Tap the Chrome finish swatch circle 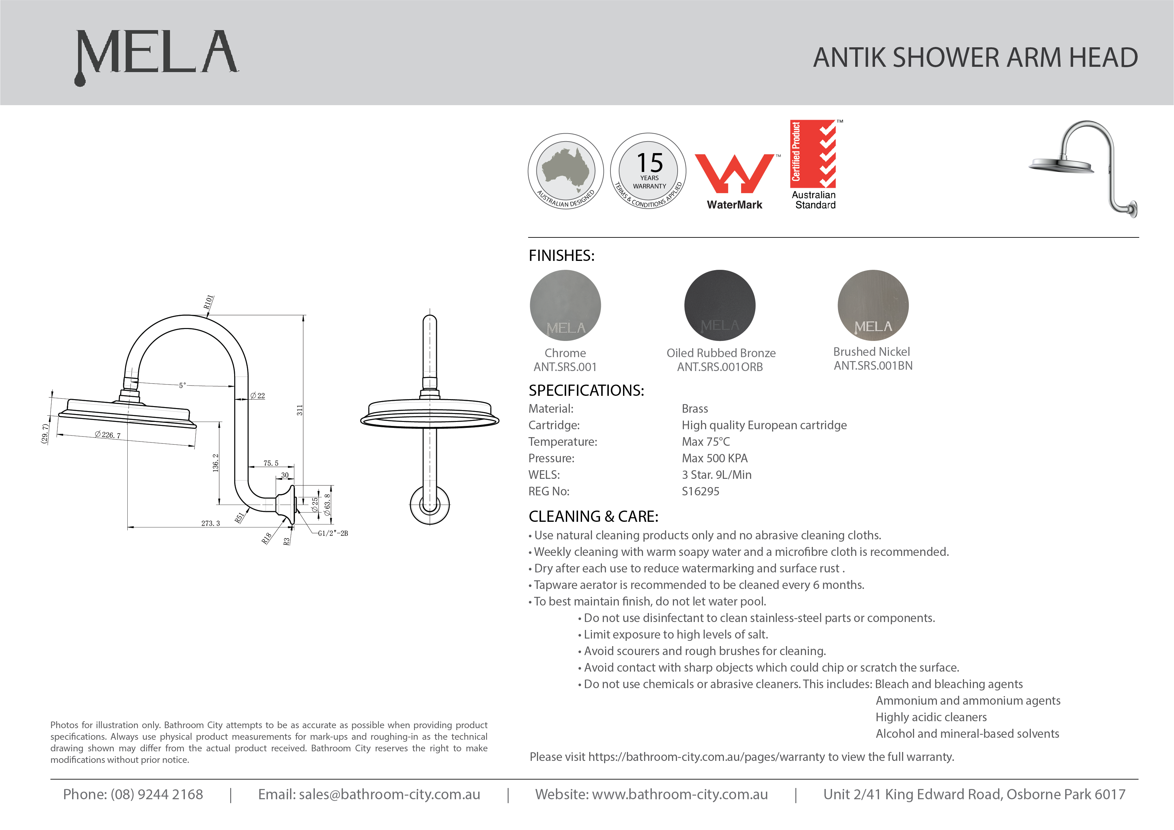tap(565, 305)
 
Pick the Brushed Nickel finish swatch tap(873, 305)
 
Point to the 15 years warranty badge tap(649, 171)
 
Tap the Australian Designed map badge tap(566, 171)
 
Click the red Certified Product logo tap(813, 154)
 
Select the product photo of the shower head tap(1084, 168)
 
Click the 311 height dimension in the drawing tap(300, 410)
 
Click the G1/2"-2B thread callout tap(333, 533)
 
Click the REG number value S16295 tap(700, 491)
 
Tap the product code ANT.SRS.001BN tap(873, 366)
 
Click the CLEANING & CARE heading tap(593, 517)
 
